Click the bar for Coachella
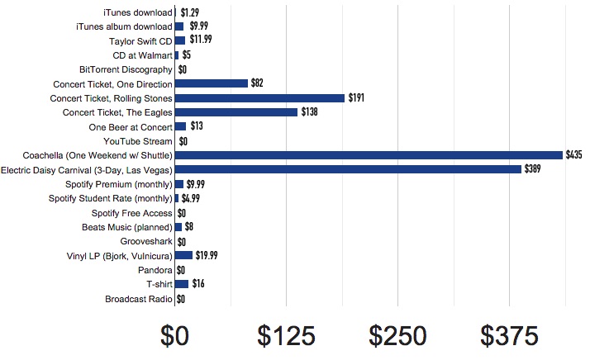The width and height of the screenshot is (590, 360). click(x=369, y=155)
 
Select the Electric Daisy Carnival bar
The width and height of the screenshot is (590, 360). click(x=348, y=169)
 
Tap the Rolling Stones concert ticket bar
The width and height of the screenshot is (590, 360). click(x=259, y=98)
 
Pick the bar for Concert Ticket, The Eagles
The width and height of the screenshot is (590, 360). click(x=236, y=112)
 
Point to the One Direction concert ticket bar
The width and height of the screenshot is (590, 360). click(x=212, y=83)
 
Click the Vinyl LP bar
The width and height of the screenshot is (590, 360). click(x=183, y=255)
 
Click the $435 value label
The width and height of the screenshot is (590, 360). click(x=574, y=155)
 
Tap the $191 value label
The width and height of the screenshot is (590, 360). click(x=356, y=98)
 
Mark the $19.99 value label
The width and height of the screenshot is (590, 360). click(x=207, y=255)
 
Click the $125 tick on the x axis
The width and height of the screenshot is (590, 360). click(x=286, y=335)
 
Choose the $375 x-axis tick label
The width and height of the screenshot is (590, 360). click(x=509, y=335)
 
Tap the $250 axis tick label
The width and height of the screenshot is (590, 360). click(x=398, y=335)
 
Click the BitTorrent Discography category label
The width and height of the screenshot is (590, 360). click(x=126, y=69)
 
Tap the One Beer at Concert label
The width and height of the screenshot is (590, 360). click(x=131, y=127)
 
